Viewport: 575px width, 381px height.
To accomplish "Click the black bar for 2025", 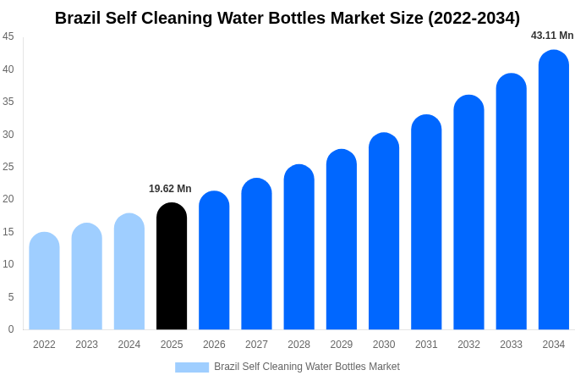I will tap(172, 267).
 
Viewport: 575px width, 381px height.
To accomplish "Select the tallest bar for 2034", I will tap(554, 190).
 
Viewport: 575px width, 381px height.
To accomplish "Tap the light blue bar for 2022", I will tap(44, 281).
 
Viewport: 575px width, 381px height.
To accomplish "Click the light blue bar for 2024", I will tap(129, 272).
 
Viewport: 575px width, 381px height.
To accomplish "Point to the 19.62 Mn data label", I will tap(170, 189).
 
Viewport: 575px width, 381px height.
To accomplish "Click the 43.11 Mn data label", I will tap(552, 36).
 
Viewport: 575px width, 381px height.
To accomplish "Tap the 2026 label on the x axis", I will tap(214, 345).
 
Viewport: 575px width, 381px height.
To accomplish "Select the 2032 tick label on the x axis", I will tap(468, 345).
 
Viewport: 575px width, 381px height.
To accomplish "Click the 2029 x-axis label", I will tap(342, 345).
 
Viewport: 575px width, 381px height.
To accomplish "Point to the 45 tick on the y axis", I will tap(8, 36).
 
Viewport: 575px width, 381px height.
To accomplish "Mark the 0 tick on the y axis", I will tap(11, 329).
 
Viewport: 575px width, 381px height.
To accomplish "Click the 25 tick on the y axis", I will tap(8, 167).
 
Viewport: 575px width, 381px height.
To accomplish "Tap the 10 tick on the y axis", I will tap(8, 264).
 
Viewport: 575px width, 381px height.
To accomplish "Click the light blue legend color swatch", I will tap(192, 367).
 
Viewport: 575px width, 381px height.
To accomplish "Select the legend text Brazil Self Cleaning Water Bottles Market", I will tap(307, 367).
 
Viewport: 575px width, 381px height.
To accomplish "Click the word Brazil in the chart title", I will tap(79, 18).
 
